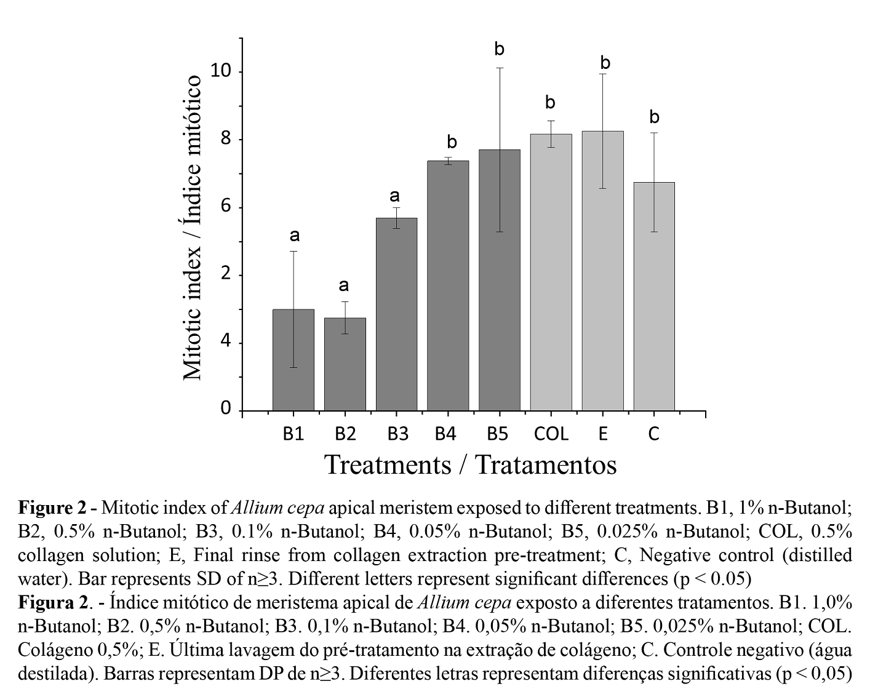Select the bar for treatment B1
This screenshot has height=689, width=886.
[x=293, y=360]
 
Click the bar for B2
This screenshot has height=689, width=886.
[x=345, y=364]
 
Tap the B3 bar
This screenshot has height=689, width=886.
[x=396, y=314]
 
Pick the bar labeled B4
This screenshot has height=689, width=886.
[x=448, y=285]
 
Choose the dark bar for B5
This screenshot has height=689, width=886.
[x=500, y=280]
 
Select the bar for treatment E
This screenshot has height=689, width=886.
[x=602, y=271]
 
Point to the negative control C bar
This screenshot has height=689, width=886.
[x=654, y=296]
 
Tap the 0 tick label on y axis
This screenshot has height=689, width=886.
[x=226, y=409]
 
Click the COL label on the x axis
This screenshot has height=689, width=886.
[x=551, y=434]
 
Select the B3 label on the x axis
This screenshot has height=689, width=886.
[x=397, y=434]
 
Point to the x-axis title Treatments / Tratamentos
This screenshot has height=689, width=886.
[x=470, y=464]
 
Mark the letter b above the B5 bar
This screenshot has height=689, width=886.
[x=500, y=49]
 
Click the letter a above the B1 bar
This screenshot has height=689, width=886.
[x=294, y=235]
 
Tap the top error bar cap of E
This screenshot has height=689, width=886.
[x=603, y=74]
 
